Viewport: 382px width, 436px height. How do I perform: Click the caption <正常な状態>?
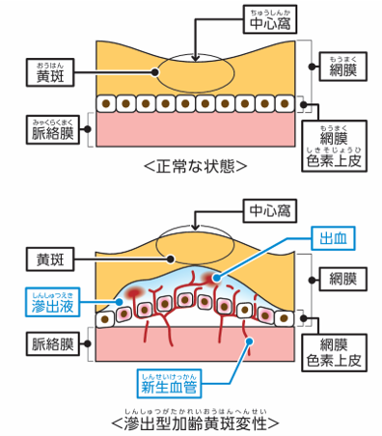pos(194,165)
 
